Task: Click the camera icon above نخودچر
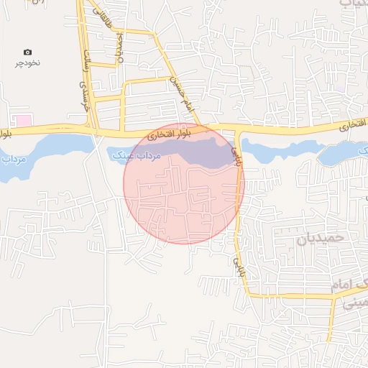tap(27, 52)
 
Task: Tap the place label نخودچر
tap(29, 63)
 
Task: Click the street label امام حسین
tap(184, 93)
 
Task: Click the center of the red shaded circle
tap(184, 184)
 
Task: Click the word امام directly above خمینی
tap(344, 285)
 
